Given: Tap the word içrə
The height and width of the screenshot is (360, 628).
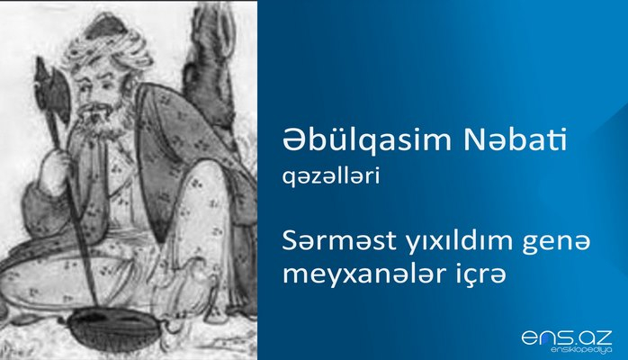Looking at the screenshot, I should (444, 272).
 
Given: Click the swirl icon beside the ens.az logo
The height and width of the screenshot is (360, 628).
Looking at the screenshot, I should (530, 337).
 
